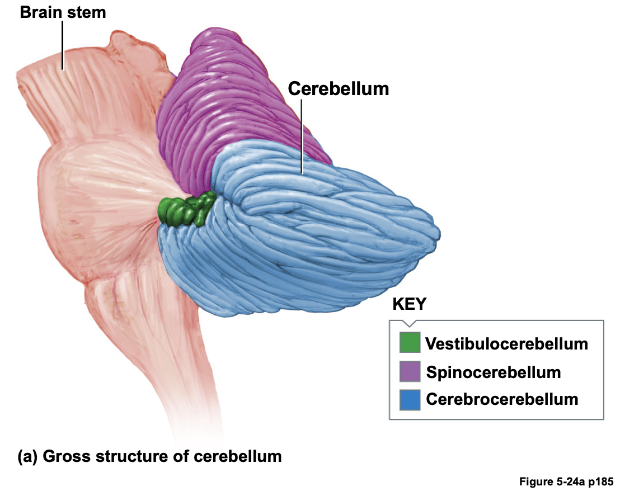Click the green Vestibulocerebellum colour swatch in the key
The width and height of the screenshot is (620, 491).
tap(410, 343)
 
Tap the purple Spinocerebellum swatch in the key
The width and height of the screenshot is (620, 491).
tap(410, 371)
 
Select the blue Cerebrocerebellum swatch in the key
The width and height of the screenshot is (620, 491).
tap(410, 399)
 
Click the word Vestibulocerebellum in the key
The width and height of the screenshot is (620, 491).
tap(506, 343)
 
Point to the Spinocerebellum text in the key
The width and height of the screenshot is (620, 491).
tap(493, 372)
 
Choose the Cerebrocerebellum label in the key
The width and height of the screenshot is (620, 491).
tap(502, 399)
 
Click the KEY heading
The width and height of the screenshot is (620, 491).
tap(409, 304)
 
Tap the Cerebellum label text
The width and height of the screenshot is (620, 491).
tap(338, 88)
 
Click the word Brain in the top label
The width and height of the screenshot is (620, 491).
tap(39, 12)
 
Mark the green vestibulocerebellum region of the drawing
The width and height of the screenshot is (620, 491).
tap(185, 210)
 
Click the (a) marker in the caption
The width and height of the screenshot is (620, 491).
tap(28, 456)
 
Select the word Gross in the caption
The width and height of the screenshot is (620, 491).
tap(63, 456)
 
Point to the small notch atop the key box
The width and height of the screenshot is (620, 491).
tap(409, 323)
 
